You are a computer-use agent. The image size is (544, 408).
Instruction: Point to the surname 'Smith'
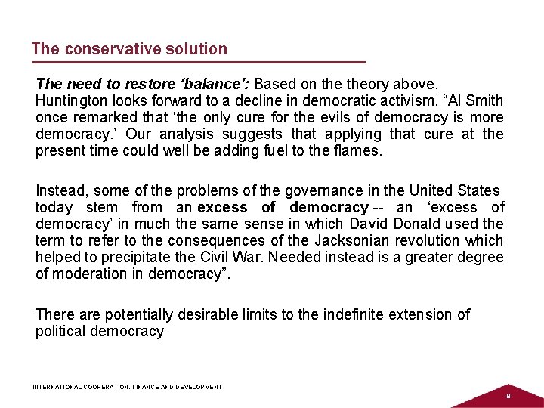[486, 101]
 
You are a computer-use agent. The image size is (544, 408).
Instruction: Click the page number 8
[508, 396]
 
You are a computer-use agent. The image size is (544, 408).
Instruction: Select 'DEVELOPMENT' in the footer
[199, 387]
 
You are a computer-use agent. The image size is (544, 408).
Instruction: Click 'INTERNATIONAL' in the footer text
[57, 387]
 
